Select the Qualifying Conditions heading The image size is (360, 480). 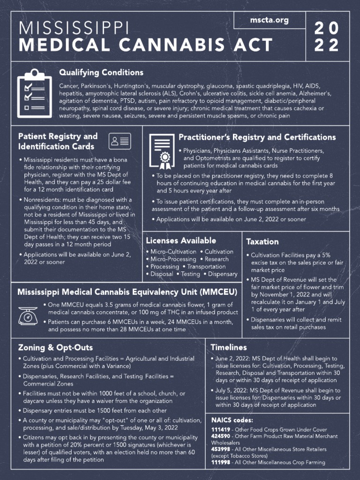[101, 73]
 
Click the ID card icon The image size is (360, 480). [120, 141]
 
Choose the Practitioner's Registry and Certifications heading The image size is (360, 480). [257, 137]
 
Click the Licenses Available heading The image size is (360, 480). [181, 240]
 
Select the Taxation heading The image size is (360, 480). [262, 242]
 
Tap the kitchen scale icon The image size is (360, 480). [28, 316]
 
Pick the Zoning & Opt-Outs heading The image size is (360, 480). [55, 348]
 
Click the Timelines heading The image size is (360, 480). [229, 348]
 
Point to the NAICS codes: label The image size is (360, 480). [232, 420]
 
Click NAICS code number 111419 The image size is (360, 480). [221, 430]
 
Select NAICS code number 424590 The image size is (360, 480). [221, 436]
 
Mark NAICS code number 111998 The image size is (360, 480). [221, 463]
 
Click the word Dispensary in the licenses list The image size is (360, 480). [223, 274]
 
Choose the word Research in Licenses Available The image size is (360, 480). [217, 259]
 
